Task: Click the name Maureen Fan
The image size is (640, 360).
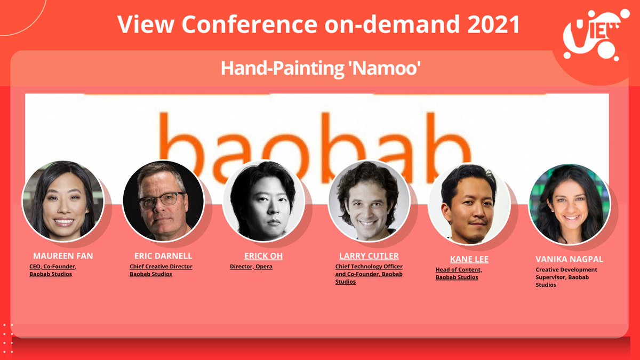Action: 63,256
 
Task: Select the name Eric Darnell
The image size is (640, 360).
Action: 163,256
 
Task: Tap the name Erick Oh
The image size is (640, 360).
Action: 263,256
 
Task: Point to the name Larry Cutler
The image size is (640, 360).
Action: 369,256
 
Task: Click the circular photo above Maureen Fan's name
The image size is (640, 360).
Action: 63,201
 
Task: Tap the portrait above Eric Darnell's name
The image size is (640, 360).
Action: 163,201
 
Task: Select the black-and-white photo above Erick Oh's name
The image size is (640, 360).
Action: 263,201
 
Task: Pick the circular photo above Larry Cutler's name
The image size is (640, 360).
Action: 369,201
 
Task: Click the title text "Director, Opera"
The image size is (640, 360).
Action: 251,266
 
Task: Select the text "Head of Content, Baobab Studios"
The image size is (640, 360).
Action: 459,274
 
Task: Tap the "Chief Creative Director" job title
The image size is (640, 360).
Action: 161,266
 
